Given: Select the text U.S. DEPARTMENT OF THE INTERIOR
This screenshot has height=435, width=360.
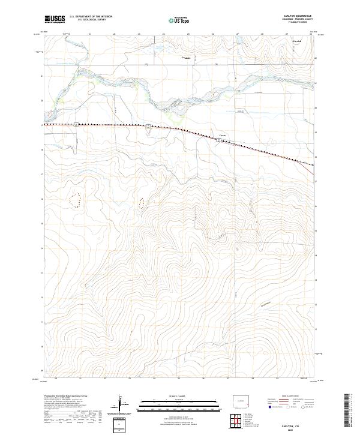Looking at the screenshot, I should click(91, 17).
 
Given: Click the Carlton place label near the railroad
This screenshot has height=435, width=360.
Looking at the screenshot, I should click(222, 135).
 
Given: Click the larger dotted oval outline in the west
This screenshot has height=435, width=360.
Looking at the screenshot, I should click(76, 200).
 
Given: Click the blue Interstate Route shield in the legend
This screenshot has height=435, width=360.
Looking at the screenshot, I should click(266, 406).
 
